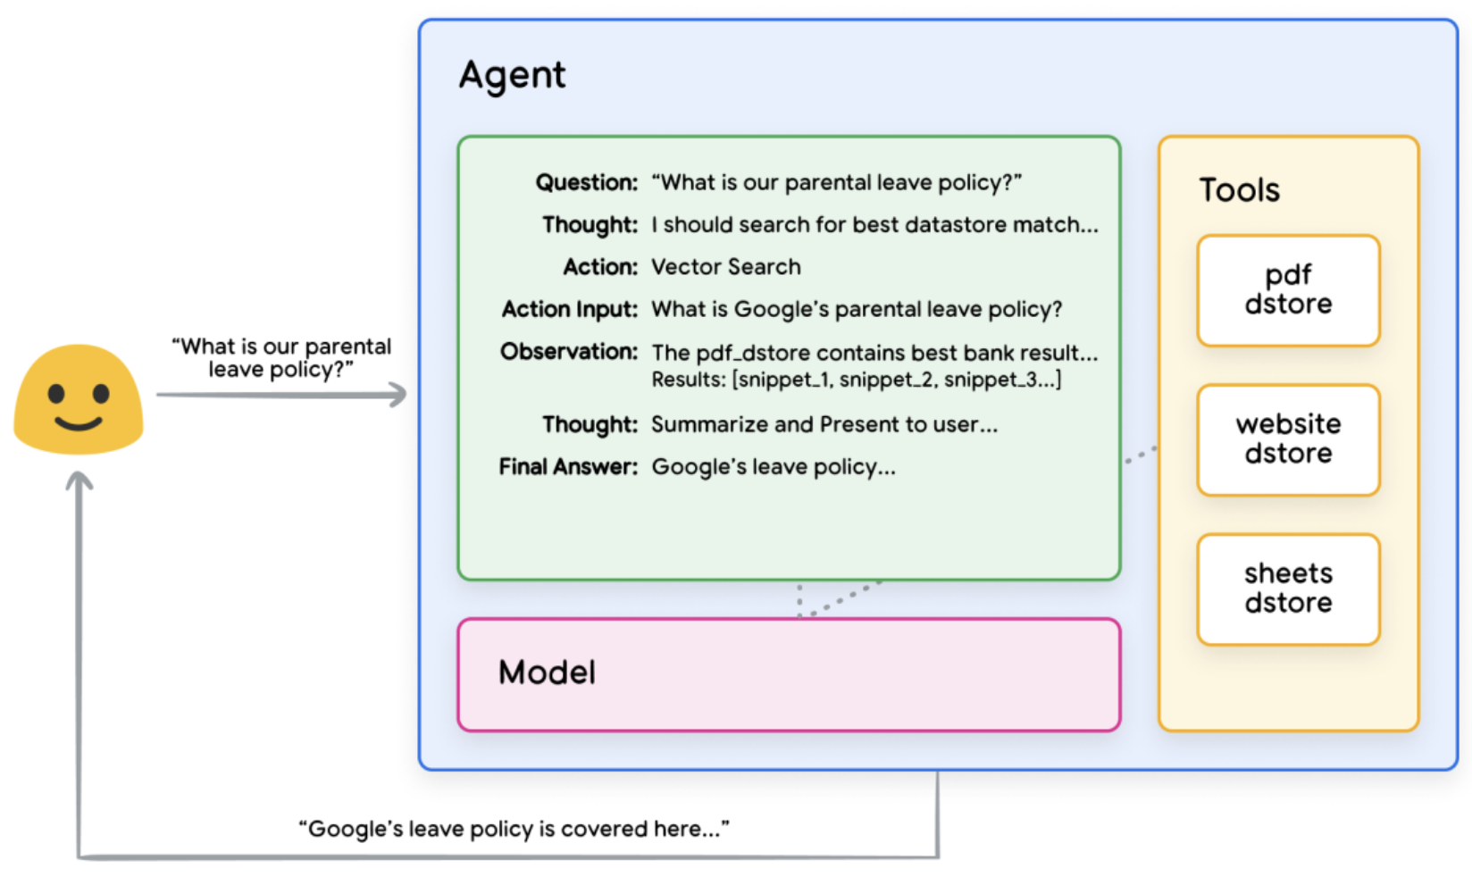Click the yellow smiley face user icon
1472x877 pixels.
pyautogui.click(x=79, y=399)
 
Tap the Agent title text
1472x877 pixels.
pyautogui.click(x=512, y=76)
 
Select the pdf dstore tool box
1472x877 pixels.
pyautogui.click(x=1288, y=290)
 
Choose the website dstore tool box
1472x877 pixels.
pyautogui.click(x=1288, y=439)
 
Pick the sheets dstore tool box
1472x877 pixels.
pyautogui.click(x=1288, y=589)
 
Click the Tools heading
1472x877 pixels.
pyautogui.click(x=1239, y=190)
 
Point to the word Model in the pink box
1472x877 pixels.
pyautogui.click(x=547, y=672)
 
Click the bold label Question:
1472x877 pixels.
pyautogui.click(x=586, y=183)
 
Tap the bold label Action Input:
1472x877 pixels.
pyautogui.click(x=569, y=310)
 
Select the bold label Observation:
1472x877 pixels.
pyautogui.click(x=569, y=352)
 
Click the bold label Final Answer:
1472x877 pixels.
pyautogui.click(x=568, y=467)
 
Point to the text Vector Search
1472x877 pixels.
pyautogui.click(x=725, y=267)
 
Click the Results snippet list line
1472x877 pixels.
pyautogui.click(x=856, y=380)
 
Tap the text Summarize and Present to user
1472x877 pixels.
pyautogui.click(x=824, y=425)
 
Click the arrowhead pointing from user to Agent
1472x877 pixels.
pyautogui.click(x=397, y=394)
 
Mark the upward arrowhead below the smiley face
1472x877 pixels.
pyautogui.click(x=79, y=480)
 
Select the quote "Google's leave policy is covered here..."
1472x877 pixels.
pyautogui.click(x=514, y=830)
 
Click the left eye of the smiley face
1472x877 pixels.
pyautogui.click(x=57, y=393)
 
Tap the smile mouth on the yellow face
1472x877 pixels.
pyautogui.click(x=79, y=422)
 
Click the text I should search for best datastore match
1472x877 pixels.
pyautogui.click(x=874, y=225)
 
